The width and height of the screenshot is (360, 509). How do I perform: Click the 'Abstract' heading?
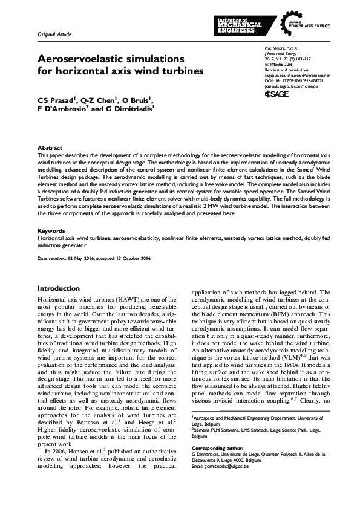[x=49, y=148]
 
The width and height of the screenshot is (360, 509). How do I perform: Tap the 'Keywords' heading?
[x=51, y=231]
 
